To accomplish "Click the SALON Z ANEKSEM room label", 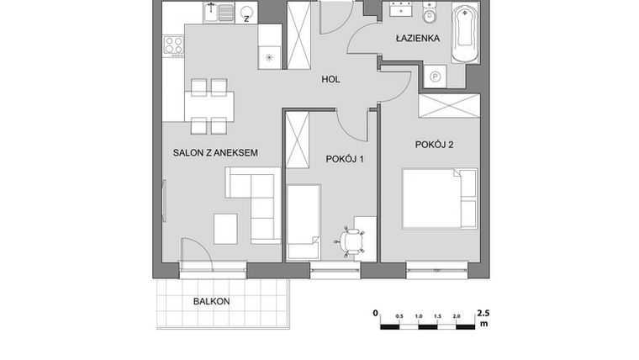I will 214,153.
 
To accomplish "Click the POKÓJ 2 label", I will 434,145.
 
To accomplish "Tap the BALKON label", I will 211,300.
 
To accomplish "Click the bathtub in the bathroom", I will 463,34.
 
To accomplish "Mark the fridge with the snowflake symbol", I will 269,57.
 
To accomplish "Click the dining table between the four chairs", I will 209,106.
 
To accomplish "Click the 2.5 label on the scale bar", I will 482,312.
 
